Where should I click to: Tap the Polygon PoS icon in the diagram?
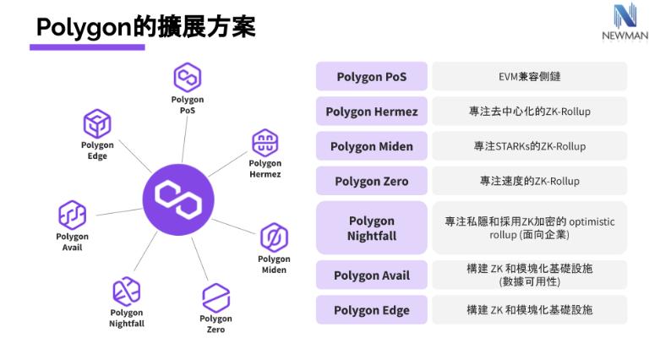tap(187, 79)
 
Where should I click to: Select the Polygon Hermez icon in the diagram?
tap(265, 143)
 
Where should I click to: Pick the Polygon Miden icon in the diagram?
tap(274, 236)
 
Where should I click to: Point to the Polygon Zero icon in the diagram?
tap(215, 297)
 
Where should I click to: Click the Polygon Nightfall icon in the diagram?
tap(126, 291)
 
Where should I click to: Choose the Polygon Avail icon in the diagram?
tap(72, 215)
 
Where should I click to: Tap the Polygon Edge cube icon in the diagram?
tap(96, 123)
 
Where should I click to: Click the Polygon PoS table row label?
tap(371, 77)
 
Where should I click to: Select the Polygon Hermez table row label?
tap(371, 112)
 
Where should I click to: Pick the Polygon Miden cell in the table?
tap(371, 146)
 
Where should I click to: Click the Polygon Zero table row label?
tap(371, 181)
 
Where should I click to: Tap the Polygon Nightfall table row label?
tap(371, 228)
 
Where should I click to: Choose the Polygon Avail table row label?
tap(371, 275)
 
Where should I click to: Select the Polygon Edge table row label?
tap(371, 309)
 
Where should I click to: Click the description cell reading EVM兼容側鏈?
tap(530, 77)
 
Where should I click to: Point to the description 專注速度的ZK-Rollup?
tap(530, 181)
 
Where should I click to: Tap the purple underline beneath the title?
tap(87, 48)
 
